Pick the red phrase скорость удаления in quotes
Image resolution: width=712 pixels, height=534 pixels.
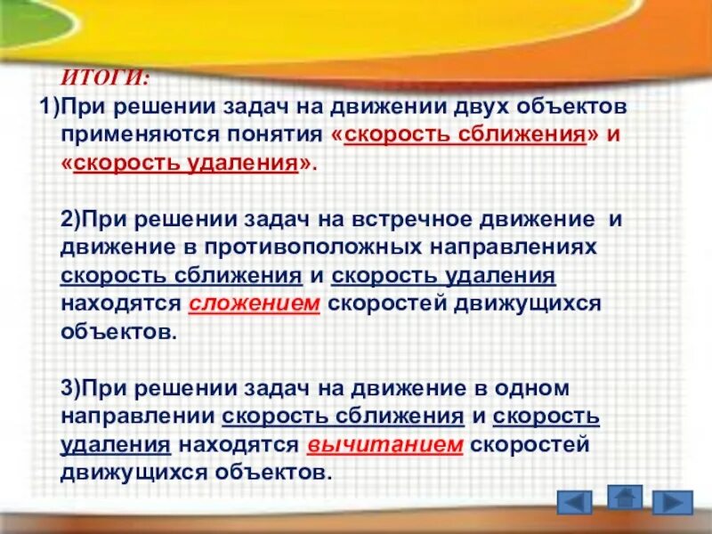(185, 165)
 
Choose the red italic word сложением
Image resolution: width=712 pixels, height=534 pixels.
(254, 303)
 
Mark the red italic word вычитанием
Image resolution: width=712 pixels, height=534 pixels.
(385, 444)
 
